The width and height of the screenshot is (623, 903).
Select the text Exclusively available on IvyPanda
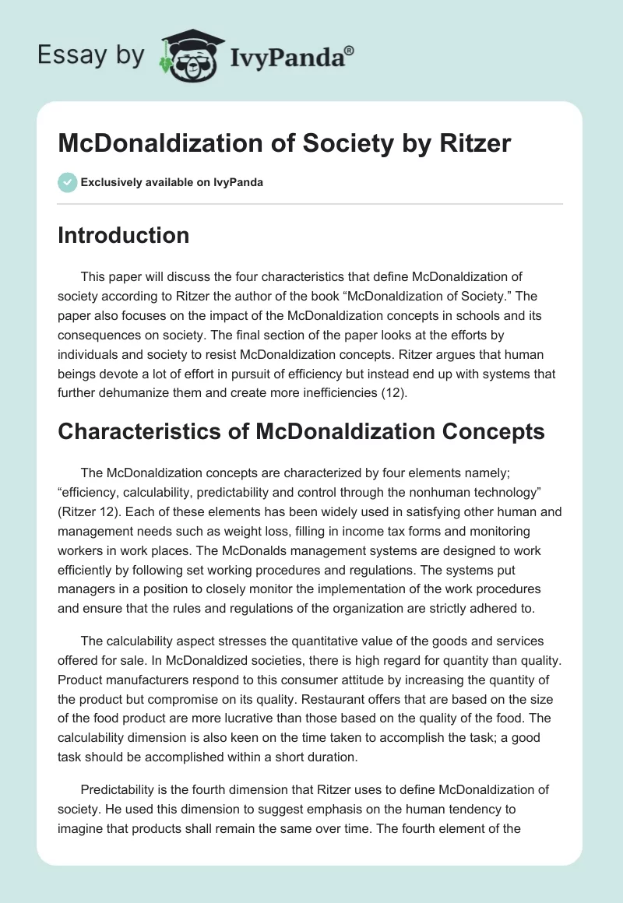point(172,182)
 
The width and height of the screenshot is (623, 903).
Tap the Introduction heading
point(123,235)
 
